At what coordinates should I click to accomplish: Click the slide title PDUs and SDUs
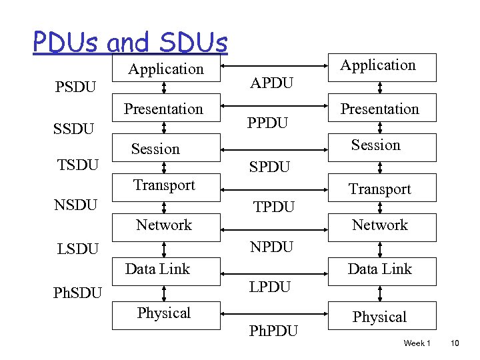click(x=130, y=43)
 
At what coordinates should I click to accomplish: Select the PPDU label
click(x=268, y=124)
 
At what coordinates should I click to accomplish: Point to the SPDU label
click(x=269, y=167)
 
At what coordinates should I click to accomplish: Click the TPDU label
click(x=273, y=207)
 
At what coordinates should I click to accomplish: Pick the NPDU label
click(x=271, y=247)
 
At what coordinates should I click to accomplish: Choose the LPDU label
click(x=270, y=287)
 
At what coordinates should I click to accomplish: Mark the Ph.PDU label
click(x=273, y=331)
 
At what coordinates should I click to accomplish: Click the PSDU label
click(x=75, y=87)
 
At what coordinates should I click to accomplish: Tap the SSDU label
click(x=73, y=128)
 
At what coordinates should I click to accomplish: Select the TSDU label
click(x=78, y=165)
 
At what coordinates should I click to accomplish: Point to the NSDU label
click(x=76, y=204)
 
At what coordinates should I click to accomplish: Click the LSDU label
click(x=77, y=249)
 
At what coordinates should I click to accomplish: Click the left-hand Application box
click(x=165, y=69)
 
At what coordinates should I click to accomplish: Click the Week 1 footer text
click(x=417, y=343)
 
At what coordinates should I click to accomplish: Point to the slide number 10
click(x=455, y=343)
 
